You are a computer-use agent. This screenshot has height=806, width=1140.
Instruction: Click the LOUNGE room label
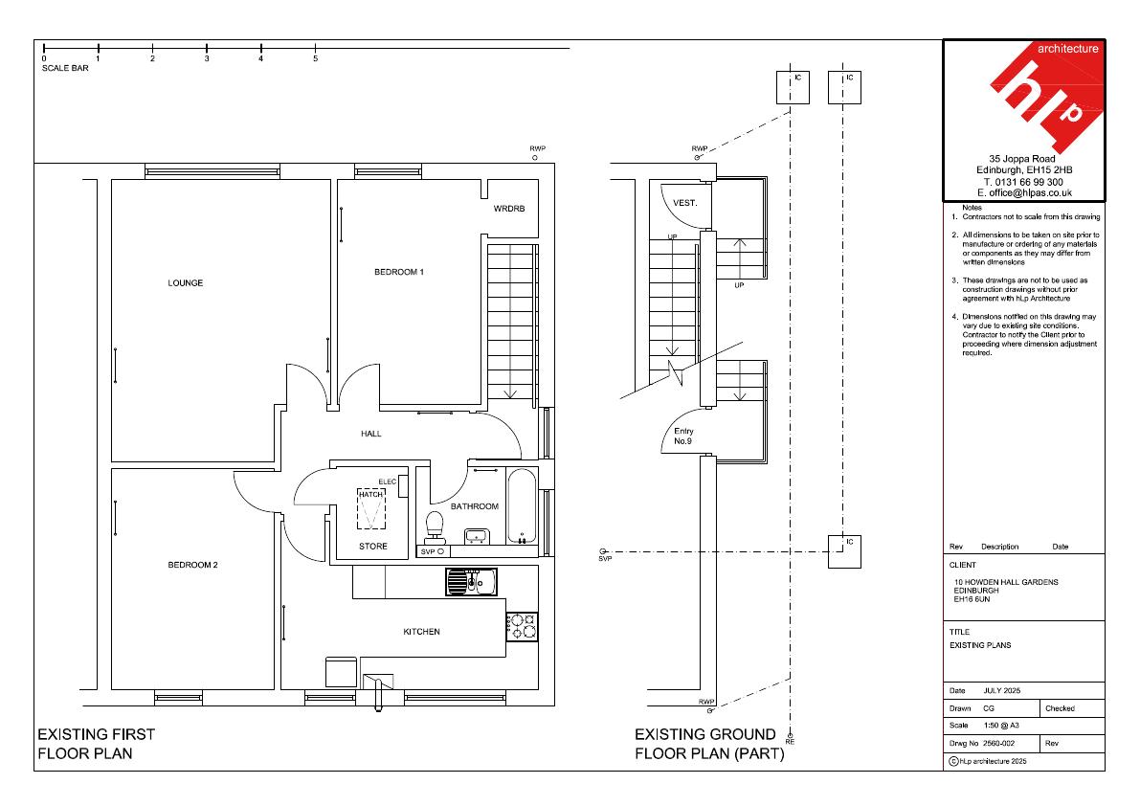(x=186, y=282)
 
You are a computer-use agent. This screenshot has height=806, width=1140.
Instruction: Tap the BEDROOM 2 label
(x=192, y=565)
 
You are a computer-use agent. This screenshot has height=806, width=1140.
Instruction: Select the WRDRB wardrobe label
(x=509, y=209)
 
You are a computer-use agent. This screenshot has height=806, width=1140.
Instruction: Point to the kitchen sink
(x=471, y=581)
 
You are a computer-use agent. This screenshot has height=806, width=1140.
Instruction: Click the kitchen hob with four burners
(x=522, y=626)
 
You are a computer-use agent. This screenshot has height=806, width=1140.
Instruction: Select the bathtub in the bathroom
(x=522, y=505)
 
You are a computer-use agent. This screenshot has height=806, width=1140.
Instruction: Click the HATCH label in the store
(x=370, y=494)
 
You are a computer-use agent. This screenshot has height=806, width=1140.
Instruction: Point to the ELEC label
(x=388, y=481)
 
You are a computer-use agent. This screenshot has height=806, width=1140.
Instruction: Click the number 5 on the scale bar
(x=316, y=58)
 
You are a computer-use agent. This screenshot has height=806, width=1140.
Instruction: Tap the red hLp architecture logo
(x=1047, y=98)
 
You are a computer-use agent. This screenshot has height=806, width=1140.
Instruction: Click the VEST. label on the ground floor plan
(x=685, y=203)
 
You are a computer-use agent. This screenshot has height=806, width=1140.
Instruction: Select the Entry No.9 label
(x=683, y=437)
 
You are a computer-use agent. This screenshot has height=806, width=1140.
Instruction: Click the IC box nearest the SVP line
(x=845, y=551)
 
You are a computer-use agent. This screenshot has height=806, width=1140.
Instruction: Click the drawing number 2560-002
(x=999, y=744)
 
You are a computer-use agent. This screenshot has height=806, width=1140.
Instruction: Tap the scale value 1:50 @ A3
(x=1002, y=726)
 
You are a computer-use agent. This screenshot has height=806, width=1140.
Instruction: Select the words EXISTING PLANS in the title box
(x=980, y=645)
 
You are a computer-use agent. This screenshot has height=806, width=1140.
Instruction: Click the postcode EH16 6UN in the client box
(x=972, y=599)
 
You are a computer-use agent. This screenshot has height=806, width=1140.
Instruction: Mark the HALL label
(x=370, y=434)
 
